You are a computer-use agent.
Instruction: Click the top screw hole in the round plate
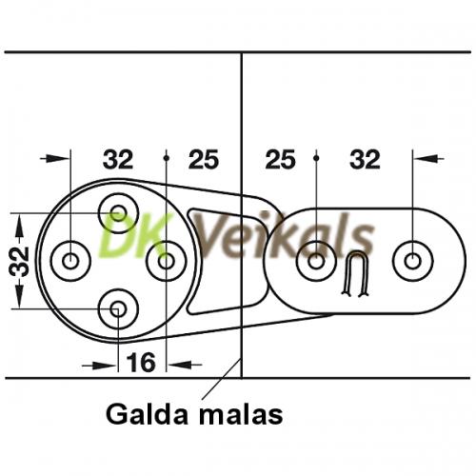tap(119, 213)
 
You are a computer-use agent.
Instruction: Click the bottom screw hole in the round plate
tap(118, 308)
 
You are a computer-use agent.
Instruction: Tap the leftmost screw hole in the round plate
tap(70, 261)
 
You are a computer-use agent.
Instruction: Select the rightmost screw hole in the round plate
tap(167, 261)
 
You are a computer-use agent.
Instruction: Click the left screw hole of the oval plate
tap(316, 261)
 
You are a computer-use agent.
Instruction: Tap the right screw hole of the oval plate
tap(412, 261)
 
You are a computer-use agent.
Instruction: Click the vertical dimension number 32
tap(19, 261)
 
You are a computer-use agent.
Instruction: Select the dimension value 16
tap(141, 362)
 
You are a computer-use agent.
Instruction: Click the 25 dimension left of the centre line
tap(204, 159)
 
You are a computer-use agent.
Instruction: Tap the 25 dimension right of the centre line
tap(280, 159)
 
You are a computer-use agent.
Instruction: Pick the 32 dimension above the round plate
tap(118, 159)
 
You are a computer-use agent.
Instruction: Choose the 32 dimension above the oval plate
tap(365, 159)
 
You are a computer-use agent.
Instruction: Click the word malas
tap(241, 414)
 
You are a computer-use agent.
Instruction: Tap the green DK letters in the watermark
tap(136, 234)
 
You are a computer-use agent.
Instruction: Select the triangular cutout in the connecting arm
tap(222, 260)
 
